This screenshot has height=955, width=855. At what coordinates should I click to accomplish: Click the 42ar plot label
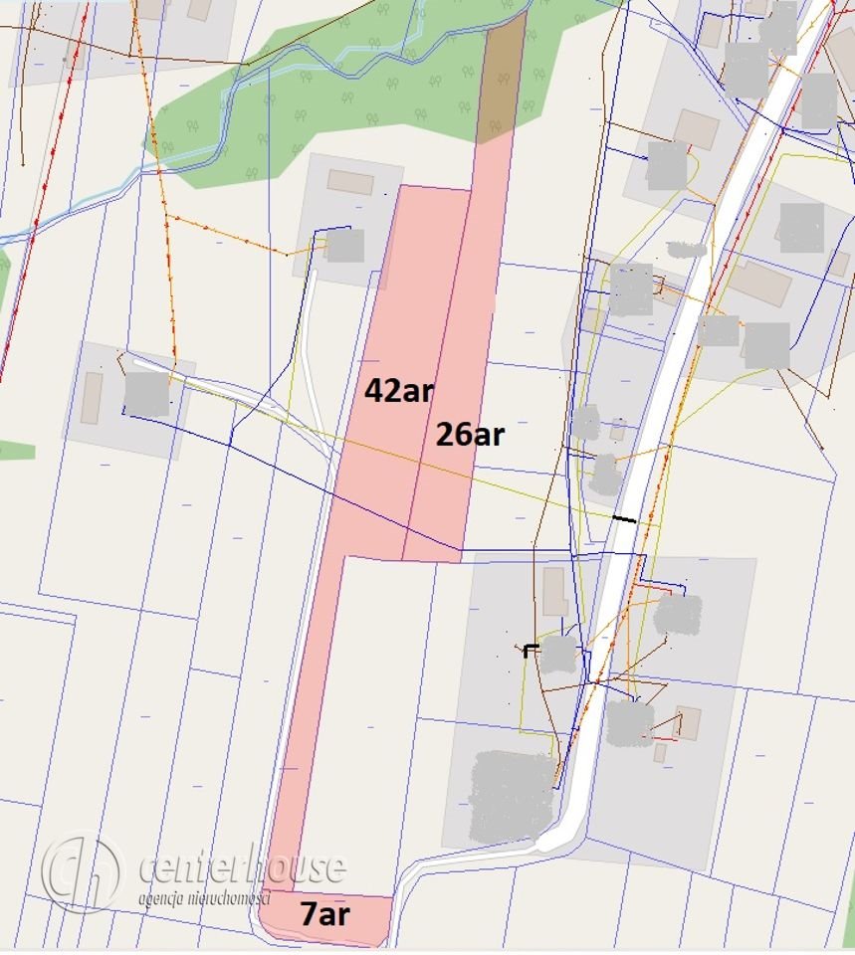coord(398,391)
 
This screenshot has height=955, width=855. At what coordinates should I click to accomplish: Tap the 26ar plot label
coord(470,434)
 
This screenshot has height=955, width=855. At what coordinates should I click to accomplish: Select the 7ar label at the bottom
coord(325,915)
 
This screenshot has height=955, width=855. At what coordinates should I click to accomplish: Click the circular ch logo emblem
coord(82,873)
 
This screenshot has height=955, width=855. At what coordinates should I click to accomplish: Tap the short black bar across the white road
coord(624,518)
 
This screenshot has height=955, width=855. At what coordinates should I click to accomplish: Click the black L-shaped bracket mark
coord(531,650)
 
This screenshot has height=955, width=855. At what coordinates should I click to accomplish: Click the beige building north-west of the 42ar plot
coord(350,182)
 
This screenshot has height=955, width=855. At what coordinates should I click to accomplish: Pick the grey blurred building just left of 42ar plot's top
coord(345,246)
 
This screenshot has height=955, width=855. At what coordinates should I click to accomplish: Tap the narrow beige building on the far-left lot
coord(92,398)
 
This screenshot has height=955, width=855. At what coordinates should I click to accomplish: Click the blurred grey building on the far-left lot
coord(146,394)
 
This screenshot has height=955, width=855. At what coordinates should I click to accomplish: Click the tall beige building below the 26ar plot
coord(555,592)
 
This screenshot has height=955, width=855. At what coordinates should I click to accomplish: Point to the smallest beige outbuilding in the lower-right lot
coord(660,753)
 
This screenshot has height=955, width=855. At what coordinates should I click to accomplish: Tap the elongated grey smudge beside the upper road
coord(687,248)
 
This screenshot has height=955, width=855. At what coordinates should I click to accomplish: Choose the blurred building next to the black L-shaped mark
coord(559,655)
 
